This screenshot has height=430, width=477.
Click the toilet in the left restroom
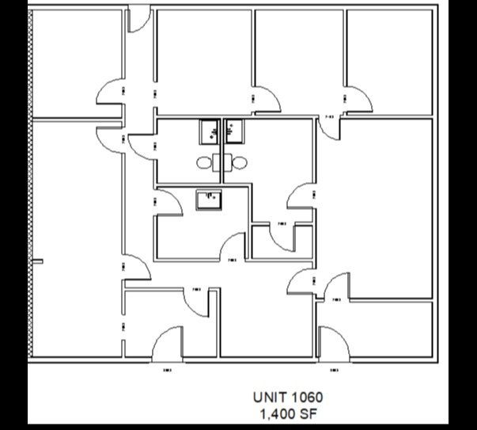pos(205,163)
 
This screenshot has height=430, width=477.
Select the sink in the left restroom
pos(210,130)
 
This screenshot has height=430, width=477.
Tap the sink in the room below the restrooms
pos(208,199)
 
